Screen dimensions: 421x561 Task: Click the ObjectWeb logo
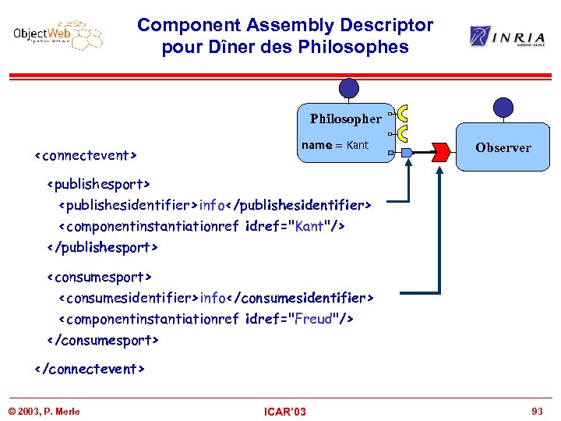pyautogui.click(x=58, y=35)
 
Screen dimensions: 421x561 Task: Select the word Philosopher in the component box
pyautogui.click(x=345, y=119)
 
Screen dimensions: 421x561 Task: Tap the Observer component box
pyautogui.click(x=503, y=147)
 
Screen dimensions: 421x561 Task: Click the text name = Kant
pyautogui.click(x=335, y=145)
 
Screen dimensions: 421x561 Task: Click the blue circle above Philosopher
pyautogui.click(x=349, y=89)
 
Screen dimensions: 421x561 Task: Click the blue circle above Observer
pyautogui.click(x=504, y=108)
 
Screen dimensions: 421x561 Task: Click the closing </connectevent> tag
pyautogui.click(x=90, y=369)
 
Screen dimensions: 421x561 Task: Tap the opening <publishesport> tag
pyautogui.click(x=98, y=185)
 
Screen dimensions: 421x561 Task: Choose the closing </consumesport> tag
pyautogui.click(x=103, y=340)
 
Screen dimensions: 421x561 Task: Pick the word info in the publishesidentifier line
pyautogui.click(x=212, y=205)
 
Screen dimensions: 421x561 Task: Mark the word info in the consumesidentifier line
pyautogui.click(x=213, y=298)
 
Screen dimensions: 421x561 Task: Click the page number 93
pyautogui.click(x=536, y=411)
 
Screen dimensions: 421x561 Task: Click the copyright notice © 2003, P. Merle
pyautogui.click(x=44, y=411)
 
